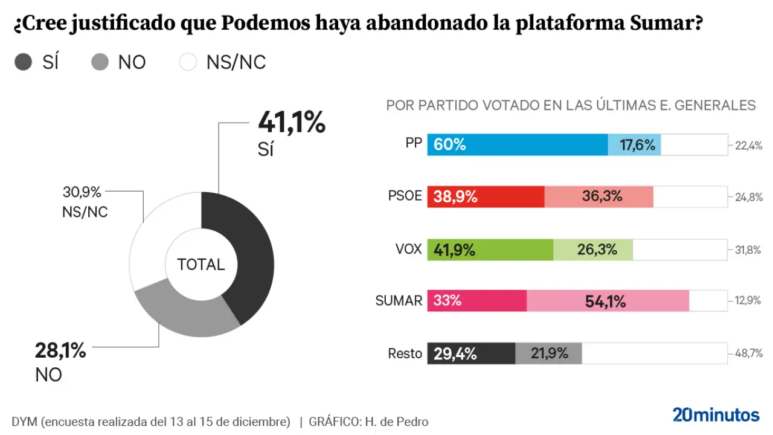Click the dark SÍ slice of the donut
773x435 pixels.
[254, 254]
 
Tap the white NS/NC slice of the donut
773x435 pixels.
[151, 242]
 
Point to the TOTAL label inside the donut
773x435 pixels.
[201, 265]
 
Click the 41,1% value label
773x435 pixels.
[292, 123]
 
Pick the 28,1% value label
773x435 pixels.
[61, 350]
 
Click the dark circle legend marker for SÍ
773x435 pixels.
[23, 62]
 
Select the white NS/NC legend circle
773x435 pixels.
[188, 62]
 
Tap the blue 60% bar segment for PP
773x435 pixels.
[517, 145]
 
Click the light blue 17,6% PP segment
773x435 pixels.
[634, 145]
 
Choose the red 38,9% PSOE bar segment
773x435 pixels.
[486, 197]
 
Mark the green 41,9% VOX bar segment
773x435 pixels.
[490, 249]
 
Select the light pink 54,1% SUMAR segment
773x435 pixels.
[608, 301]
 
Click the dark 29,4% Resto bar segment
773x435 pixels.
[471, 353]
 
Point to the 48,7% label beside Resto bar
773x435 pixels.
[748, 353]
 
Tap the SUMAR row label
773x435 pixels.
[399, 301]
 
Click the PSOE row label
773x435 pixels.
[405, 197]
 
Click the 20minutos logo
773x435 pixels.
[716, 415]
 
